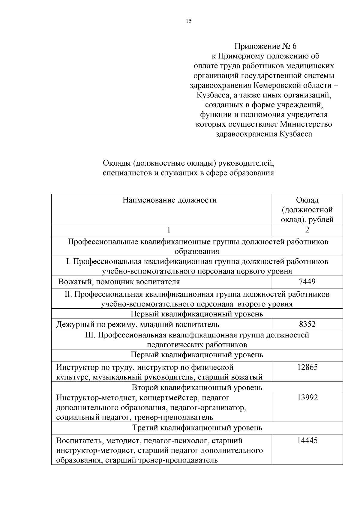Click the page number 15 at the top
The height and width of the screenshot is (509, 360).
(x=188, y=21)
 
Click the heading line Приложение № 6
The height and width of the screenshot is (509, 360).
(x=265, y=46)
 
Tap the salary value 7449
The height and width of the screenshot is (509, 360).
(x=307, y=281)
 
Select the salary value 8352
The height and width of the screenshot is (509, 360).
(x=307, y=324)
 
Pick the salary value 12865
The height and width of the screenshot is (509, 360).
(x=307, y=367)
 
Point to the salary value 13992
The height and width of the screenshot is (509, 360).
(x=307, y=397)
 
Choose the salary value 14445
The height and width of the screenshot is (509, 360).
(x=307, y=440)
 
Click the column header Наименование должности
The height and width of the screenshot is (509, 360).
(x=169, y=200)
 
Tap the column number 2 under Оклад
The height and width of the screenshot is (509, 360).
(x=307, y=230)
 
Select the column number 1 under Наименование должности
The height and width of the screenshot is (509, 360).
(x=169, y=230)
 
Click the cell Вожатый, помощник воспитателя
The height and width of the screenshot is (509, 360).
(x=119, y=282)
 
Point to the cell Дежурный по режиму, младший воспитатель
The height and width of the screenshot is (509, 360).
(x=138, y=324)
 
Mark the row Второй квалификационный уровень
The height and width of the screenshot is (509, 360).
(x=197, y=387)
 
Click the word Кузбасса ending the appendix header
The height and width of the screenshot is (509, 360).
(x=296, y=134)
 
